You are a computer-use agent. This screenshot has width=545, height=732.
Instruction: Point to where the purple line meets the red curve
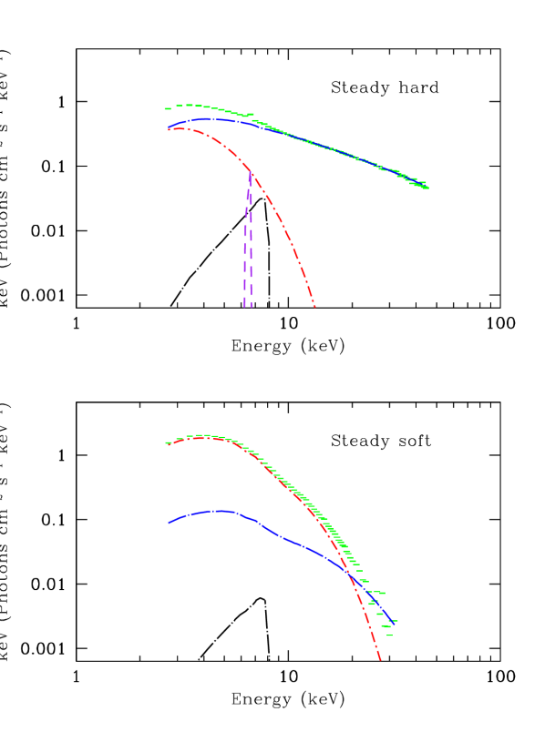[x=251, y=172]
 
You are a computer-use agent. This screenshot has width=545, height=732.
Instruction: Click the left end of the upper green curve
[x=166, y=109]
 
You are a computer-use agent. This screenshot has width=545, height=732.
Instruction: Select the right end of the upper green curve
[x=427, y=188]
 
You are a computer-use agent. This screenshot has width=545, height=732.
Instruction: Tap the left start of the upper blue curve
[x=169, y=128]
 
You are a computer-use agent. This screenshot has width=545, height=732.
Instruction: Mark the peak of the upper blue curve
[x=210, y=118]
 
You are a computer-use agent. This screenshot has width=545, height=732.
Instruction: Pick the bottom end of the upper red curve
[x=314, y=306]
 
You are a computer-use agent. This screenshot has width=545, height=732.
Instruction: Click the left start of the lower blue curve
[x=169, y=523]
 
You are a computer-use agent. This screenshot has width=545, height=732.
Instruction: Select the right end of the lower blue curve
[x=393, y=622]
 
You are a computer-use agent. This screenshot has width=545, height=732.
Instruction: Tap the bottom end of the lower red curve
[x=380, y=659]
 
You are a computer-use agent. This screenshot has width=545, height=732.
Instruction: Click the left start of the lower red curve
[x=168, y=443]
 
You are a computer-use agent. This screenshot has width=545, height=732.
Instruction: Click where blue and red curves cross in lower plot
[x=350, y=572]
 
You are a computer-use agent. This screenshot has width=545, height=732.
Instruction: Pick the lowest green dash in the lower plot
[x=389, y=635]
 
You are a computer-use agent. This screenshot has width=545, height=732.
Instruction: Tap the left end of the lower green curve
[x=167, y=443]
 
